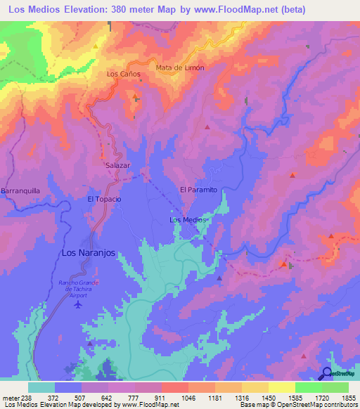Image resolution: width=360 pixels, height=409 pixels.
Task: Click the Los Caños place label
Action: pyautogui.click(x=123, y=74)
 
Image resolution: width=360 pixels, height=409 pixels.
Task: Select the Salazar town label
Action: pyautogui.click(x=118, y=165)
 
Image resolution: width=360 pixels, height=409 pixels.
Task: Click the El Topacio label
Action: pyautogui.click(x=104, y=199)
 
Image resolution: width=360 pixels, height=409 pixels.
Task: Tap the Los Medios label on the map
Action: pyautogui.click(x=188, y=220)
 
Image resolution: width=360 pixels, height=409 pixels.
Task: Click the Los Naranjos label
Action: pyautogui.click(x=88, y=252)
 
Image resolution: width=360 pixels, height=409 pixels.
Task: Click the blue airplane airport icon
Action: pyautogui.click(x=77, y=305)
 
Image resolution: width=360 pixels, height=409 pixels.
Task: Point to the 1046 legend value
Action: pyautogui.click(x=188, y=398)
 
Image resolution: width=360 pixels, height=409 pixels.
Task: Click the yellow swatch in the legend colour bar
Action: pyautogui.click(x=281, y=387)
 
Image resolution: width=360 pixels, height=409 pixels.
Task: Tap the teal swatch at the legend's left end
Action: pyautogui.click(x=41, y=387)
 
